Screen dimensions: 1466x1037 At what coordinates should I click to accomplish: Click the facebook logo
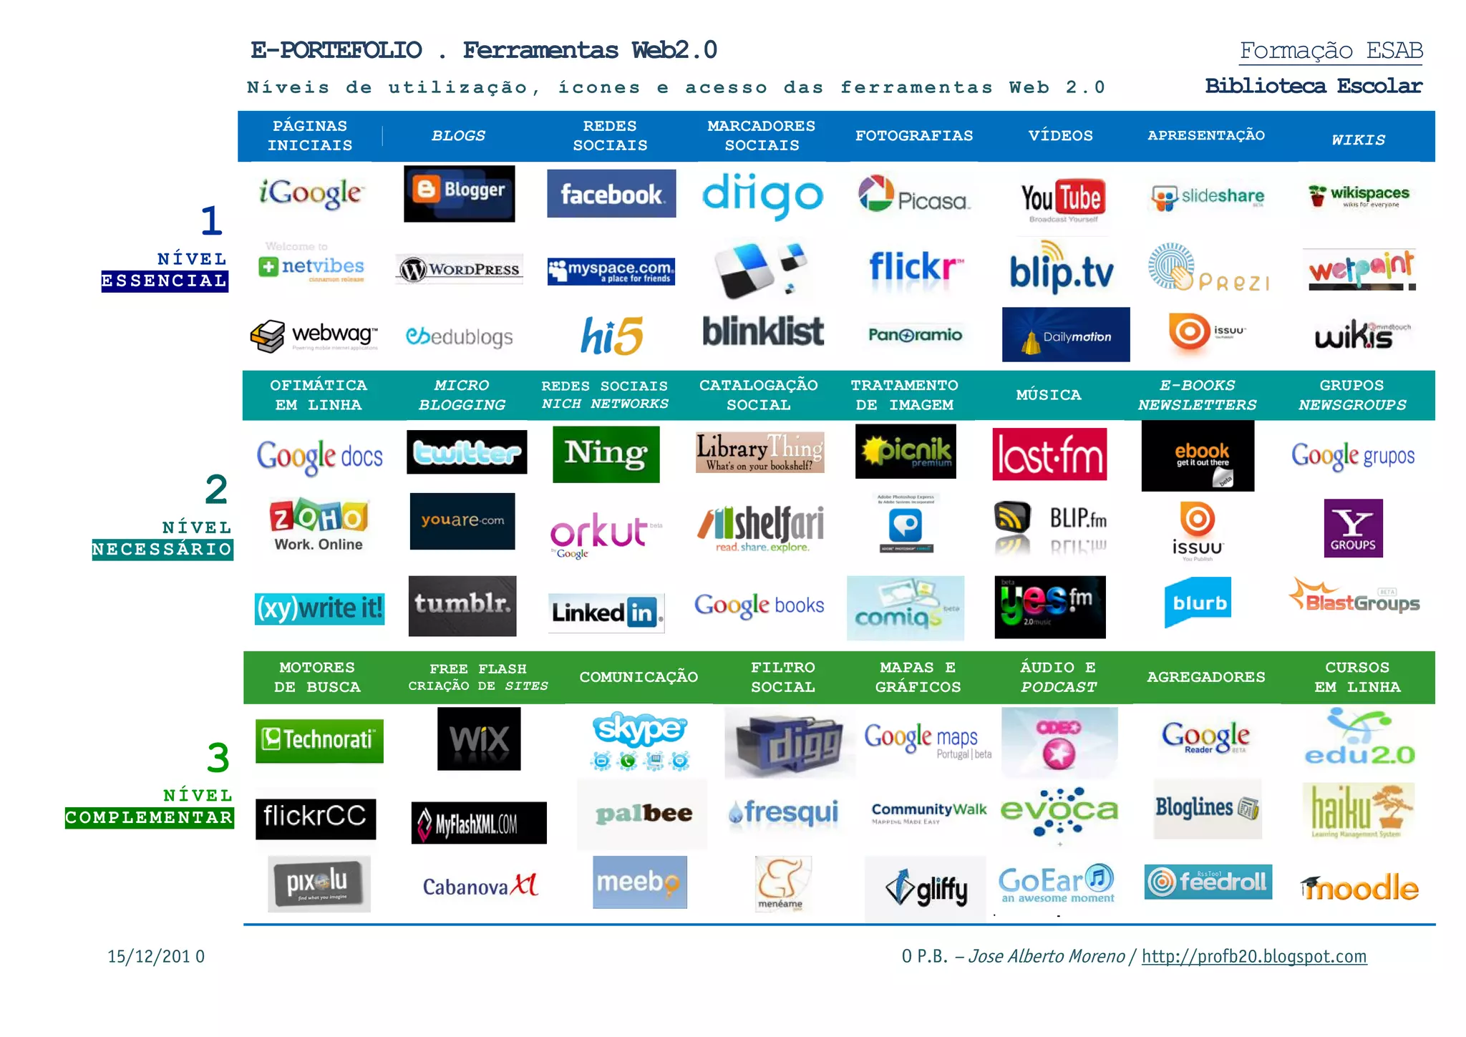[x=611, y=194]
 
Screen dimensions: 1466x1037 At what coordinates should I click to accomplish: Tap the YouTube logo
[x=1062, y=198]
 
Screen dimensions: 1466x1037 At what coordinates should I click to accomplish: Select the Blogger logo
[x=459, y=193]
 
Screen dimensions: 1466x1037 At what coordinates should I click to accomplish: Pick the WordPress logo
[x=460, y=270]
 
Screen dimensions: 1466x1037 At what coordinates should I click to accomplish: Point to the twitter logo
[x=467, y=452]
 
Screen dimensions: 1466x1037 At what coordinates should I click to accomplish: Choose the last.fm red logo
[x=1049, y=454]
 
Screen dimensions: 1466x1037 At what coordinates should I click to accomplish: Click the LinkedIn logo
[x=606, y=613]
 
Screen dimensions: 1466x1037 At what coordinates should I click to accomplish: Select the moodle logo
[x=1359, y=887]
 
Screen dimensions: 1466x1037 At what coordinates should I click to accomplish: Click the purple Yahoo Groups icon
[x=1353, y=528]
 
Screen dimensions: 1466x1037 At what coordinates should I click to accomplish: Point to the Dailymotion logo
[x=1066, y=335]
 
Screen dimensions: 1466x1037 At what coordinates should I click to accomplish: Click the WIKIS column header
[x=1358, y=140]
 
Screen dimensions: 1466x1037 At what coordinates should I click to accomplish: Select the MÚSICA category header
[x=1049, y=395]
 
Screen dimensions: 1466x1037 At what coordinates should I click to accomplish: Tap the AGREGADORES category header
[x=1206, y=677]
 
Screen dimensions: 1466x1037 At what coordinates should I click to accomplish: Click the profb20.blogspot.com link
[x=1254, y=956]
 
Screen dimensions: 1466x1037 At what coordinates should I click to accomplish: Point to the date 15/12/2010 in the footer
[x=156, y=957]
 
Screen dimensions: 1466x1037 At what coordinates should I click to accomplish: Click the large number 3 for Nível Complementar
[x=218, y=758]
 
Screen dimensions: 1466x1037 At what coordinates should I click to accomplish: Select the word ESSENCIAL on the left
[x=165, y=281]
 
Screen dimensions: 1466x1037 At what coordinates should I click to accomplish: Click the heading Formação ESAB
[x=1331, y=51]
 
